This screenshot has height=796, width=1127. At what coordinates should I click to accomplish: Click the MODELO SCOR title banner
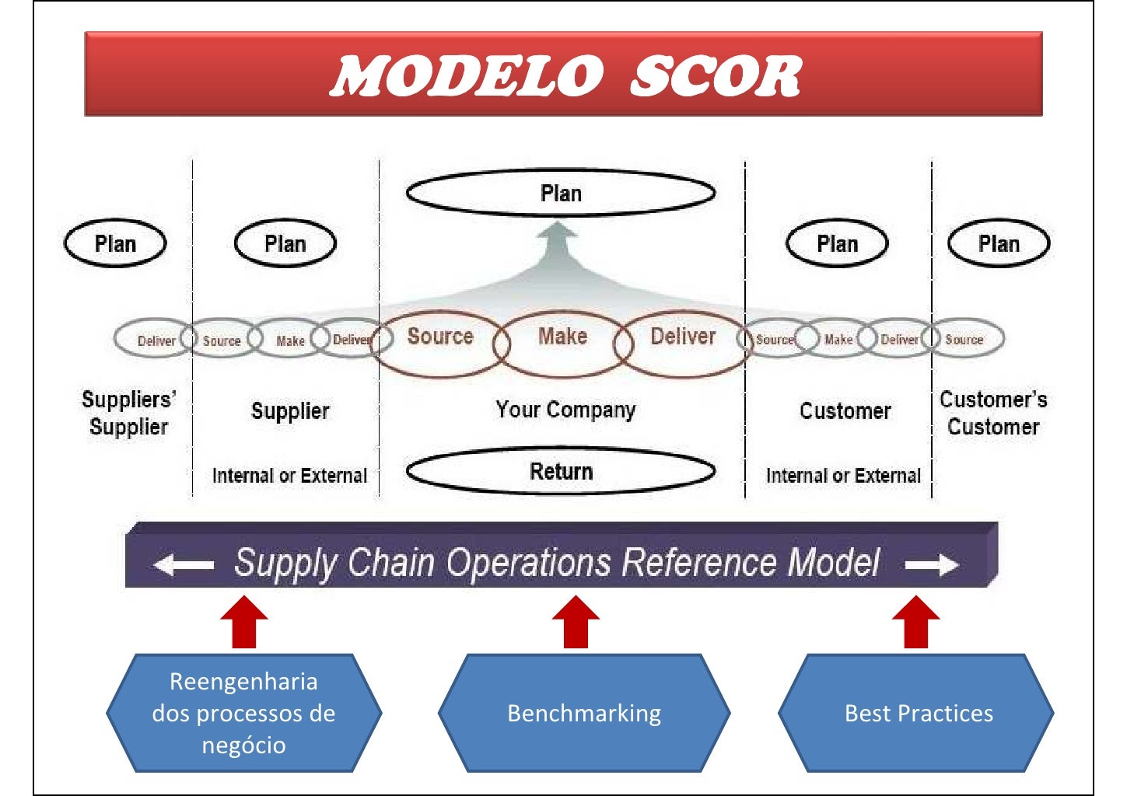(563, 75)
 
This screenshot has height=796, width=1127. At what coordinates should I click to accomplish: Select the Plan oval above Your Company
(561, 193)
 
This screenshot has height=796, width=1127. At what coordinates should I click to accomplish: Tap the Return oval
(561, 471)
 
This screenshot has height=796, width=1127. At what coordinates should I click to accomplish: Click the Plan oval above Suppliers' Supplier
(115, 244)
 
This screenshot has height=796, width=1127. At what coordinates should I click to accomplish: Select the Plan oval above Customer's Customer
(999, 244)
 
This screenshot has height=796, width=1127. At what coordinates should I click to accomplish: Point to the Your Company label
(565, 410)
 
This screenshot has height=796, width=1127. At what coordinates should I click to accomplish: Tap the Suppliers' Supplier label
(128, 413)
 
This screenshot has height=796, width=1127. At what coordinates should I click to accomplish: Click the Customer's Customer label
(993, 413)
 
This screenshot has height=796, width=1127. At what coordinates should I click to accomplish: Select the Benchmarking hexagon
(584, 713)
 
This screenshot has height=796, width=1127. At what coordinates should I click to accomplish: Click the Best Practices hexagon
(918, 713)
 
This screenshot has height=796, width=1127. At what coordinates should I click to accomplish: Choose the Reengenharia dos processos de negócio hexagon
(243, 713)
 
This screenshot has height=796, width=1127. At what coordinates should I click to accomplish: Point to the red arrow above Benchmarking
(576, 623)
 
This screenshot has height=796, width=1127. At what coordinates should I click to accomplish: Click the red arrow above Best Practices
(916, 623)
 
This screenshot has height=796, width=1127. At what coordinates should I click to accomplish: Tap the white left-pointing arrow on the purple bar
(184, 565)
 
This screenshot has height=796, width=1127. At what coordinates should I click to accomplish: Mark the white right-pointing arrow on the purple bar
(932, 565)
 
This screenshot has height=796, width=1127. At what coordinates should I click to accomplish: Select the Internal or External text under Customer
(843, 476)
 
